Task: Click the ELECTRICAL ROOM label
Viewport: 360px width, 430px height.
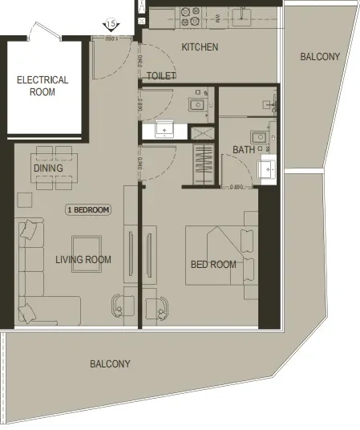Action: tap(42, 86)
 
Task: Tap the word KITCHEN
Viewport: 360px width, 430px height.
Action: tap(200, 47)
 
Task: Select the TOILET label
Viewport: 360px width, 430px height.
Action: tap(161, 76)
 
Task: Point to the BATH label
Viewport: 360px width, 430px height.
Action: tap(244, 150)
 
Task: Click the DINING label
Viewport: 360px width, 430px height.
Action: tap(48, 169)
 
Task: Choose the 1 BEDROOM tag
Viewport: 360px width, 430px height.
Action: tap(88, 209)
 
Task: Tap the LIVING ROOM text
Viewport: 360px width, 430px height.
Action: tap(83, 259)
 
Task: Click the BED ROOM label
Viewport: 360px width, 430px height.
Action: tap(213, 265)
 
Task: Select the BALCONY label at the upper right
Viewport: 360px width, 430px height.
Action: tap(320, 57)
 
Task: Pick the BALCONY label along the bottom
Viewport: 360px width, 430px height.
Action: tap(110, 363)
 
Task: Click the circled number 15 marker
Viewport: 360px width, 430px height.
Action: tap(112, 26)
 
